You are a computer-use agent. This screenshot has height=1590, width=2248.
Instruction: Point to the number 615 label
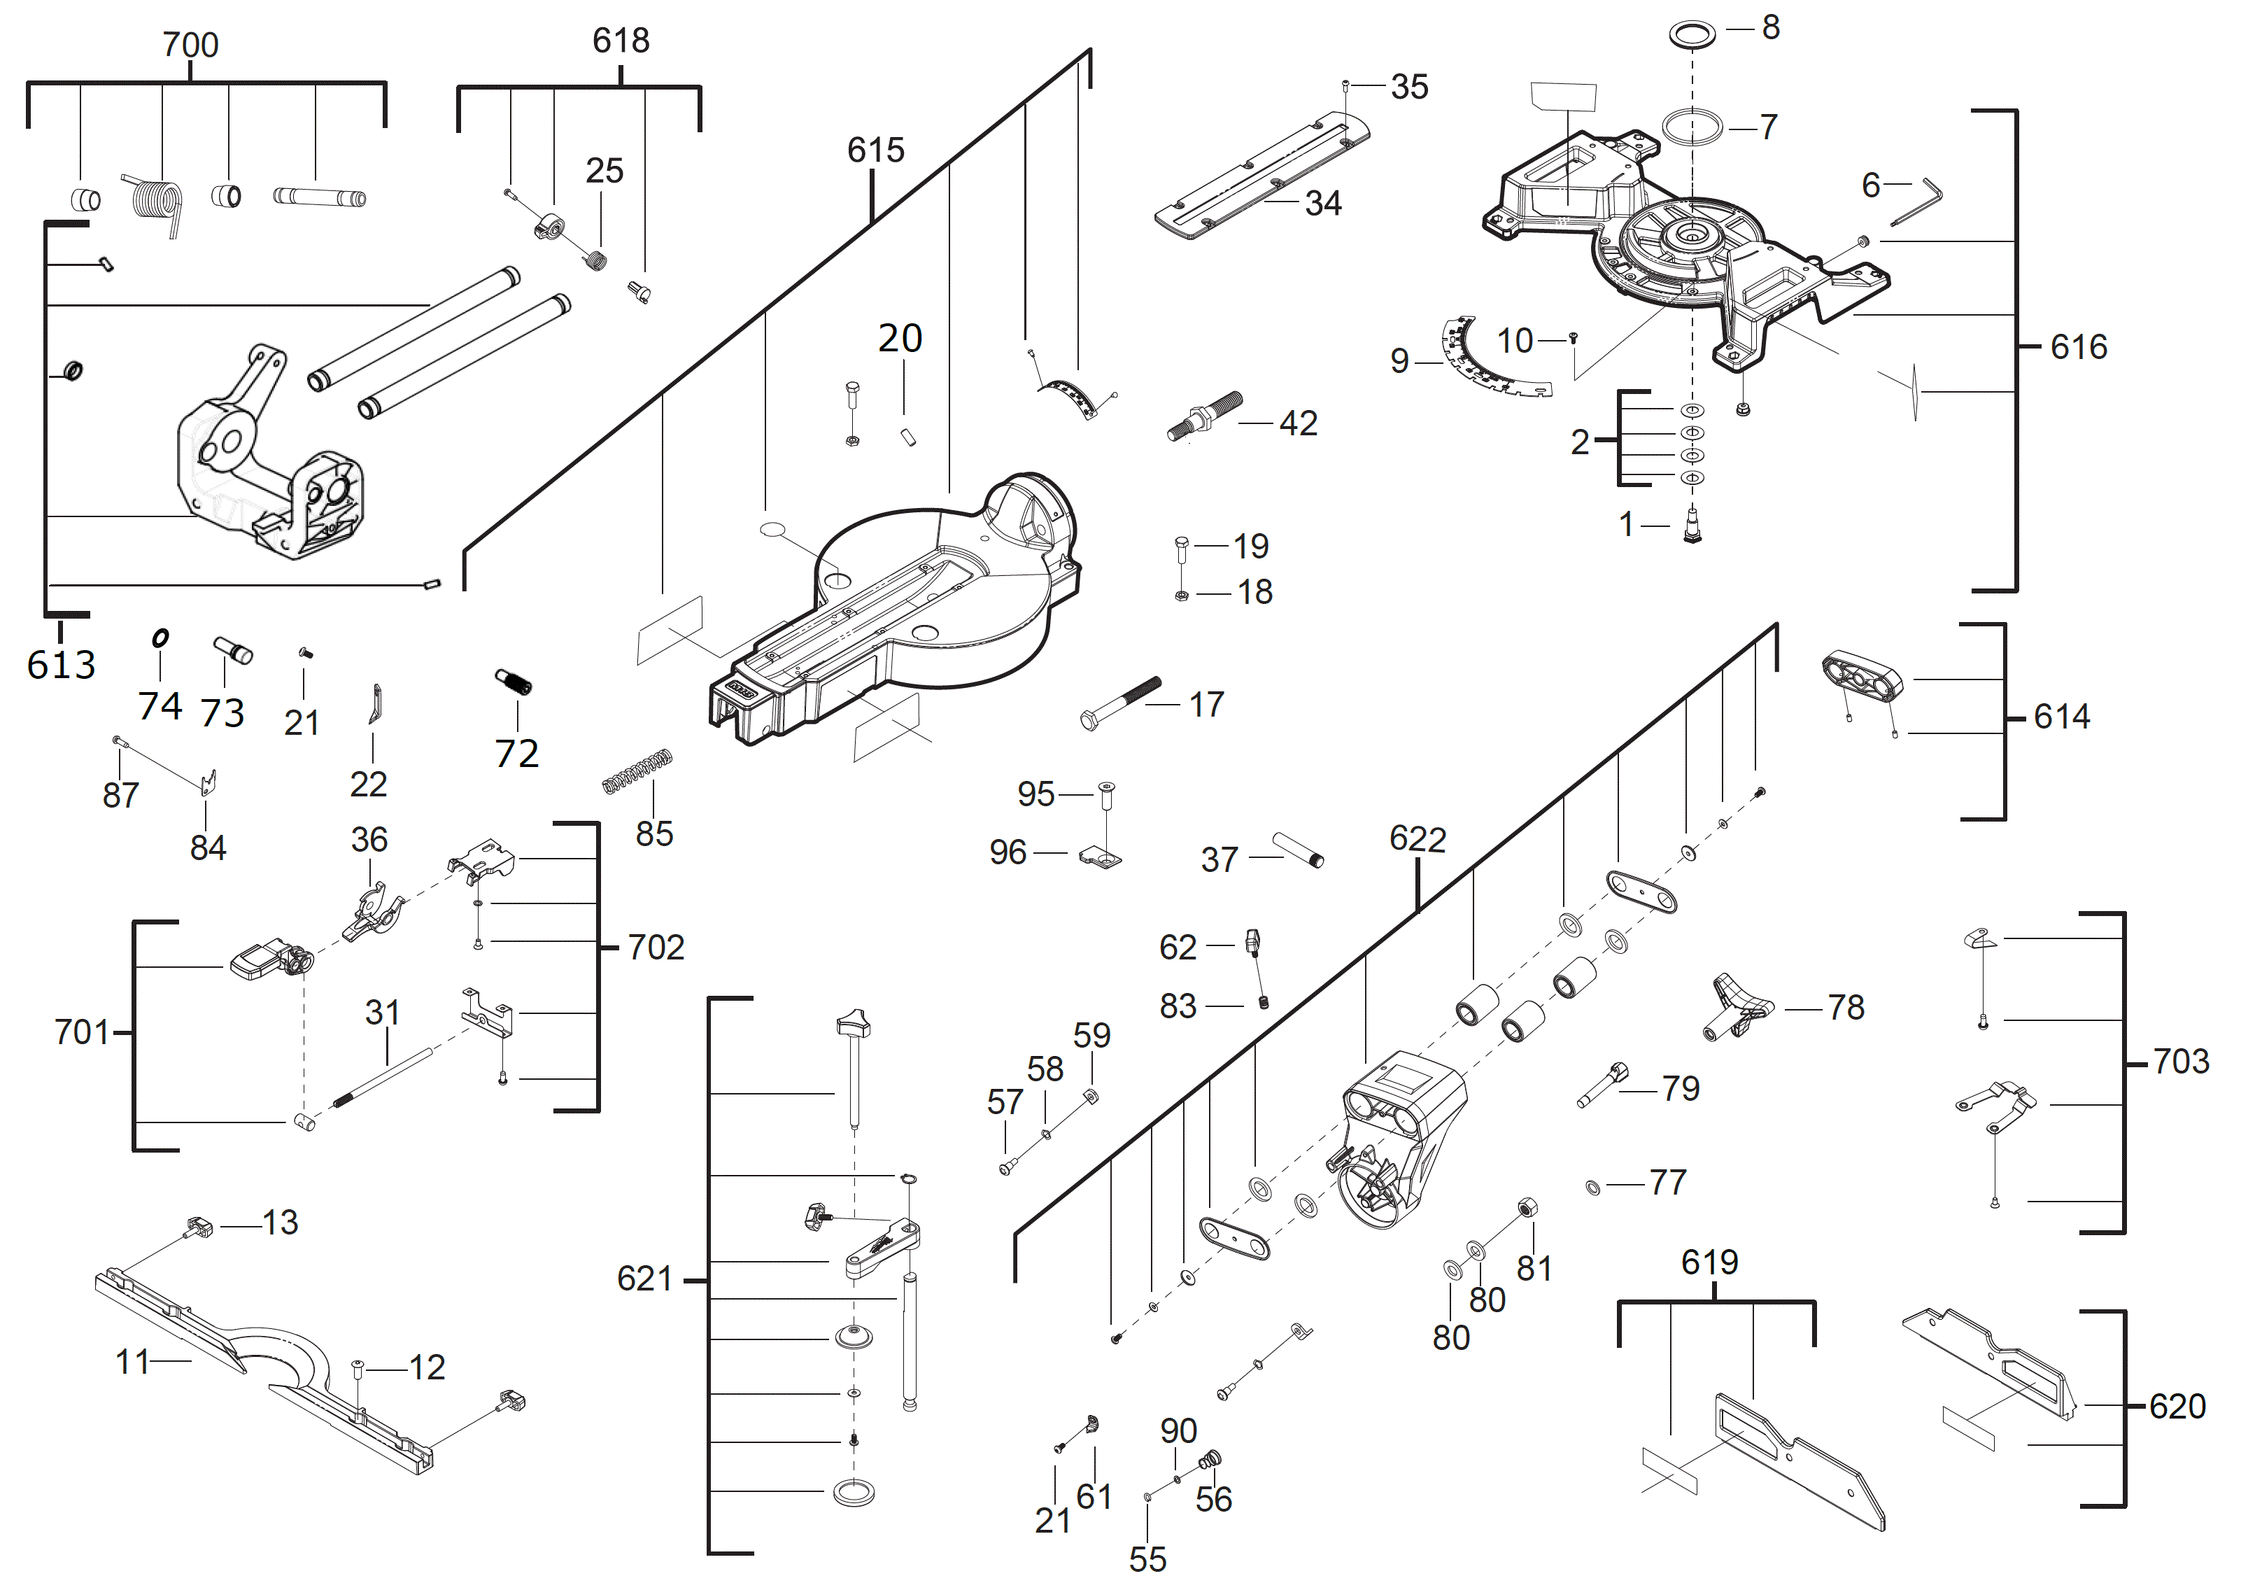point(875,150)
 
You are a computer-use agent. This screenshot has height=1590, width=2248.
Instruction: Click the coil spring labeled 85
point(637,771)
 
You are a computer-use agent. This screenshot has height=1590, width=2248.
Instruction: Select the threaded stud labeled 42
point(1204,416)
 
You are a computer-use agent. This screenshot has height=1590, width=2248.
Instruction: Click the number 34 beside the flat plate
point(1323,204)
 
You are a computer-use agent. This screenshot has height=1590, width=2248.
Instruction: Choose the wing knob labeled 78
point(1740,1006)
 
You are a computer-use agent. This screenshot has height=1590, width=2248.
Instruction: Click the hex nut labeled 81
point(1525,1206)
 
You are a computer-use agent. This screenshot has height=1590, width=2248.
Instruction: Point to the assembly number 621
point(644,1279)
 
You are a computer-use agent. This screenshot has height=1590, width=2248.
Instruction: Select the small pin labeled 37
point(1299,849)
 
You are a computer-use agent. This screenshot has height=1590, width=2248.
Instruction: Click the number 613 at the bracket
point(61,666)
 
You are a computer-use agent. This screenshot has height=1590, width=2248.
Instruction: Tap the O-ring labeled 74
point(161,638)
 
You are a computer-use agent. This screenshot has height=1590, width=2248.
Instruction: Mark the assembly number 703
point(2180,1062)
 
